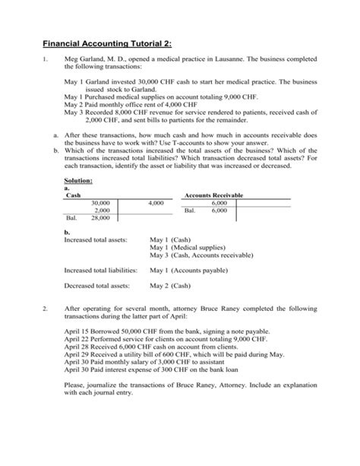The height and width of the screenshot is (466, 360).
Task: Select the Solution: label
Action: (79, 180)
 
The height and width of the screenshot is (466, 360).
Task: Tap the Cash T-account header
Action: (74, 196)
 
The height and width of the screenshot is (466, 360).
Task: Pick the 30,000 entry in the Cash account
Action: (100, 204)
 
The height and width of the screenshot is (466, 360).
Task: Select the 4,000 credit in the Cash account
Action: (156, 204)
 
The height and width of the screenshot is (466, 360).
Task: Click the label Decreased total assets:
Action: (96, 286)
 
